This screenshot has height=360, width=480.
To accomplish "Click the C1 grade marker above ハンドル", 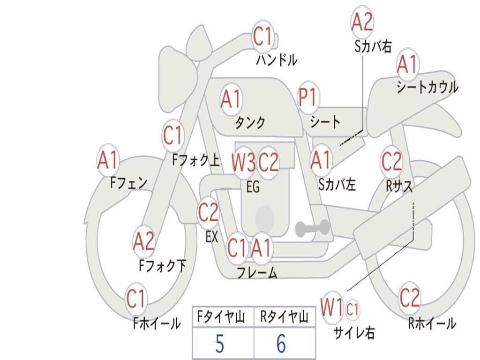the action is (x=263, y=37).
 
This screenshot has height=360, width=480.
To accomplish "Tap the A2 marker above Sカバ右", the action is (x=362, y=22).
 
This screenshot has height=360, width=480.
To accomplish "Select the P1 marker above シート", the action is (x=308, y=97).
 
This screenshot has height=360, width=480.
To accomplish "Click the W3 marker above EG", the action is (x=244, y=162).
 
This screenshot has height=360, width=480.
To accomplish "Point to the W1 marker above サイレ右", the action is (x=332, y=307).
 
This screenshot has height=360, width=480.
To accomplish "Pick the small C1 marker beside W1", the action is (x=352, y=309).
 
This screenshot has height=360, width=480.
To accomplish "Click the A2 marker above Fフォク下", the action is (x=144, y=241).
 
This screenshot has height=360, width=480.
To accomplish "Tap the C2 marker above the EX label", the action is (x=209, y=212).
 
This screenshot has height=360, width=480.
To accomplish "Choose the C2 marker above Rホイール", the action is (x=410, y=298).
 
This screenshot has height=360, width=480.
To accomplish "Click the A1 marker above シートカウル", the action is (x=407, y=64).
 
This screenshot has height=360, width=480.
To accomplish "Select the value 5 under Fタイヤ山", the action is (x=220, y=344).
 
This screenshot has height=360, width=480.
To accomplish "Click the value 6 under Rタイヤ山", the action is (x=281, y=344).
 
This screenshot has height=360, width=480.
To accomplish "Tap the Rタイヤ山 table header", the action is (x=284, y=317).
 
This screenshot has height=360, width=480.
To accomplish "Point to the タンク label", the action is (x=250, y=122).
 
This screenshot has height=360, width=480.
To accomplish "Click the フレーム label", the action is (x=257, y=272).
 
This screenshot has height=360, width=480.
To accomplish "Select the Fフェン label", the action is (x=128, y=183).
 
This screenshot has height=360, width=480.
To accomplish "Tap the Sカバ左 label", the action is (x=337, y=184).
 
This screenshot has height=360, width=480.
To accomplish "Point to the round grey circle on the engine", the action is (x=265, y=218).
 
